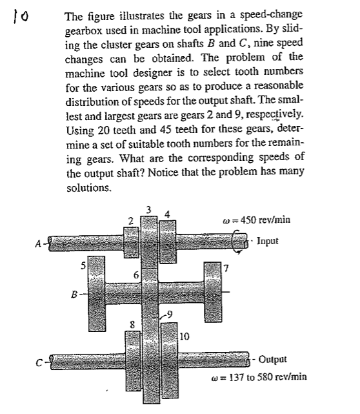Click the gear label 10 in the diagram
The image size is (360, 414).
(x=183, y=335)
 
